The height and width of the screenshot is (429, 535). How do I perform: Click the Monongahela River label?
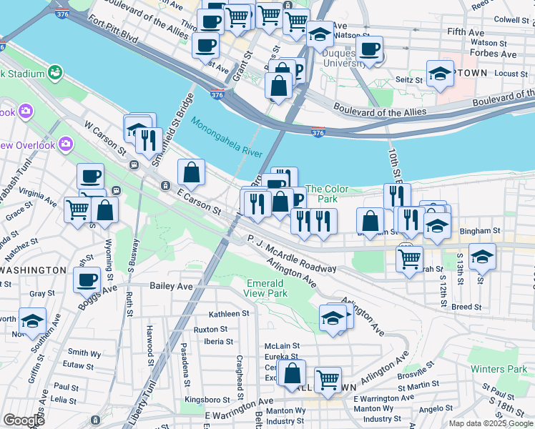click(227, 136)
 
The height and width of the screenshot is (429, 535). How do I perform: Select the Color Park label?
click(327, 194)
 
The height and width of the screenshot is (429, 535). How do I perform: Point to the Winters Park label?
click(499, 370)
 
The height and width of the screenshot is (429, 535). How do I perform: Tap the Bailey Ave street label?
click(172, 286)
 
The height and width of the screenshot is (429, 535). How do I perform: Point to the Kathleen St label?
click(228, 313)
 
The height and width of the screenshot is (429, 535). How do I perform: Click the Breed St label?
click(466, 307)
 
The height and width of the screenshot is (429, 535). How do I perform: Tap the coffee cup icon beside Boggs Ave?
click(87, 279)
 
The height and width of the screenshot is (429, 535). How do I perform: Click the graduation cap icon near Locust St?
click(440, 73)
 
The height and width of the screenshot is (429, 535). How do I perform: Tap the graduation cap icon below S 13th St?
click(482, 256)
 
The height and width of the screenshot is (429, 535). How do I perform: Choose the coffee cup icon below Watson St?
click(369, 49)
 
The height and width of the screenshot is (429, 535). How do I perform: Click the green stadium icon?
click(54, 73)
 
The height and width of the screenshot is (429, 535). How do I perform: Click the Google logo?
click(24, 420)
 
